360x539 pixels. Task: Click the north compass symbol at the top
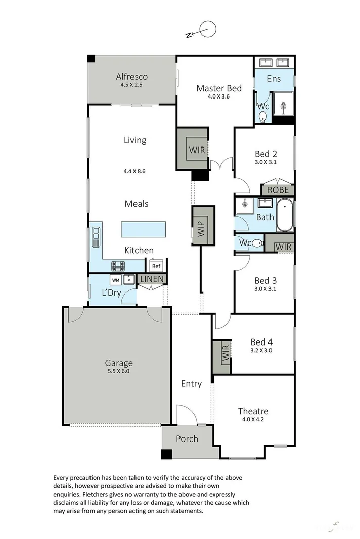pyautogui.click(x=207, y=30)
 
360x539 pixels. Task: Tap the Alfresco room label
pyautogui.click(x=131, y=77)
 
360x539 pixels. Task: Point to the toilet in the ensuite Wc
pyautogui.click(x=262, y=117)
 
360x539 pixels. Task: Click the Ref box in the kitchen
pyautogui.click(x=156, y=266)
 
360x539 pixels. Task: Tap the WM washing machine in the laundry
pyautogui.click(x=116, y=279)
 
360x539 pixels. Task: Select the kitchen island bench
pyautogui.click(x=144, y=229)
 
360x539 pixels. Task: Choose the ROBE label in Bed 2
pyautogui.click(x=278, y=190)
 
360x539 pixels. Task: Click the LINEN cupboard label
pyautogui.click(x=151, y=279)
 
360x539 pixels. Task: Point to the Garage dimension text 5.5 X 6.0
pyautogui.click(x=119, y=371)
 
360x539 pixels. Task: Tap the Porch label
pyautogui.click(x=187, y=438)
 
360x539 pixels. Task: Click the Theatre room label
pyautogui.click(x=254, y=411)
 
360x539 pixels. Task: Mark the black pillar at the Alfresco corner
pyautogui.click(x=91, y=59)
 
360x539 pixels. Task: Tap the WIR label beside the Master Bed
pyautogui.click(x=197, y=150)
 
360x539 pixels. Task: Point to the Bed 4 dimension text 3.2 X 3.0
pyautogui.click(x=262, y=350)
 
